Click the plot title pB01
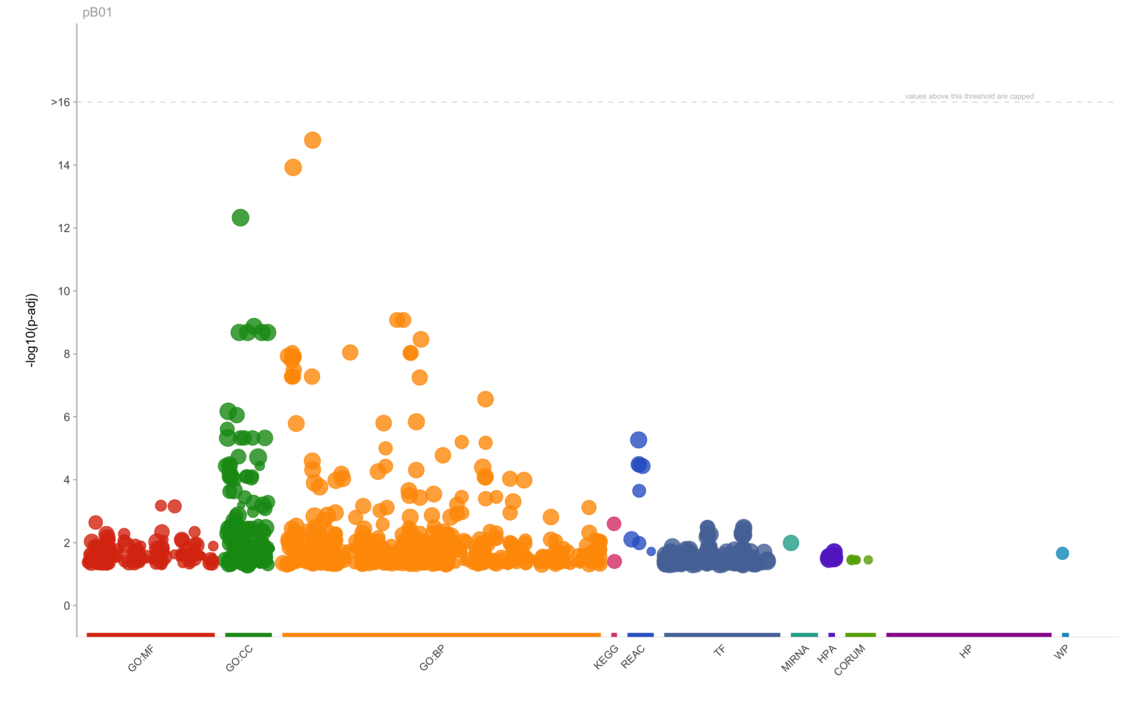tap(97, 12)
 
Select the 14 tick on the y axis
tap(64, 165)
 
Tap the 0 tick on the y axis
tap(67, 606)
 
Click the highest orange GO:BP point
tap(312, 140)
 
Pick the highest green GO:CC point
tap(240, 217)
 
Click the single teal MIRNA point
tap(791, 543)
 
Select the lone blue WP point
tap(1062, 553)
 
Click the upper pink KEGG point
tap(614, 524)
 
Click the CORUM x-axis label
tap(849, 660)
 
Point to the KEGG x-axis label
tap(606, 657)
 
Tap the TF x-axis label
tap(719, 651)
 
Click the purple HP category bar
tap(968, 635)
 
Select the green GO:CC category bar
tap(248, 635)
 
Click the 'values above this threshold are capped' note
tap(969, 97)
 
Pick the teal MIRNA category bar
tap(804, 635)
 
